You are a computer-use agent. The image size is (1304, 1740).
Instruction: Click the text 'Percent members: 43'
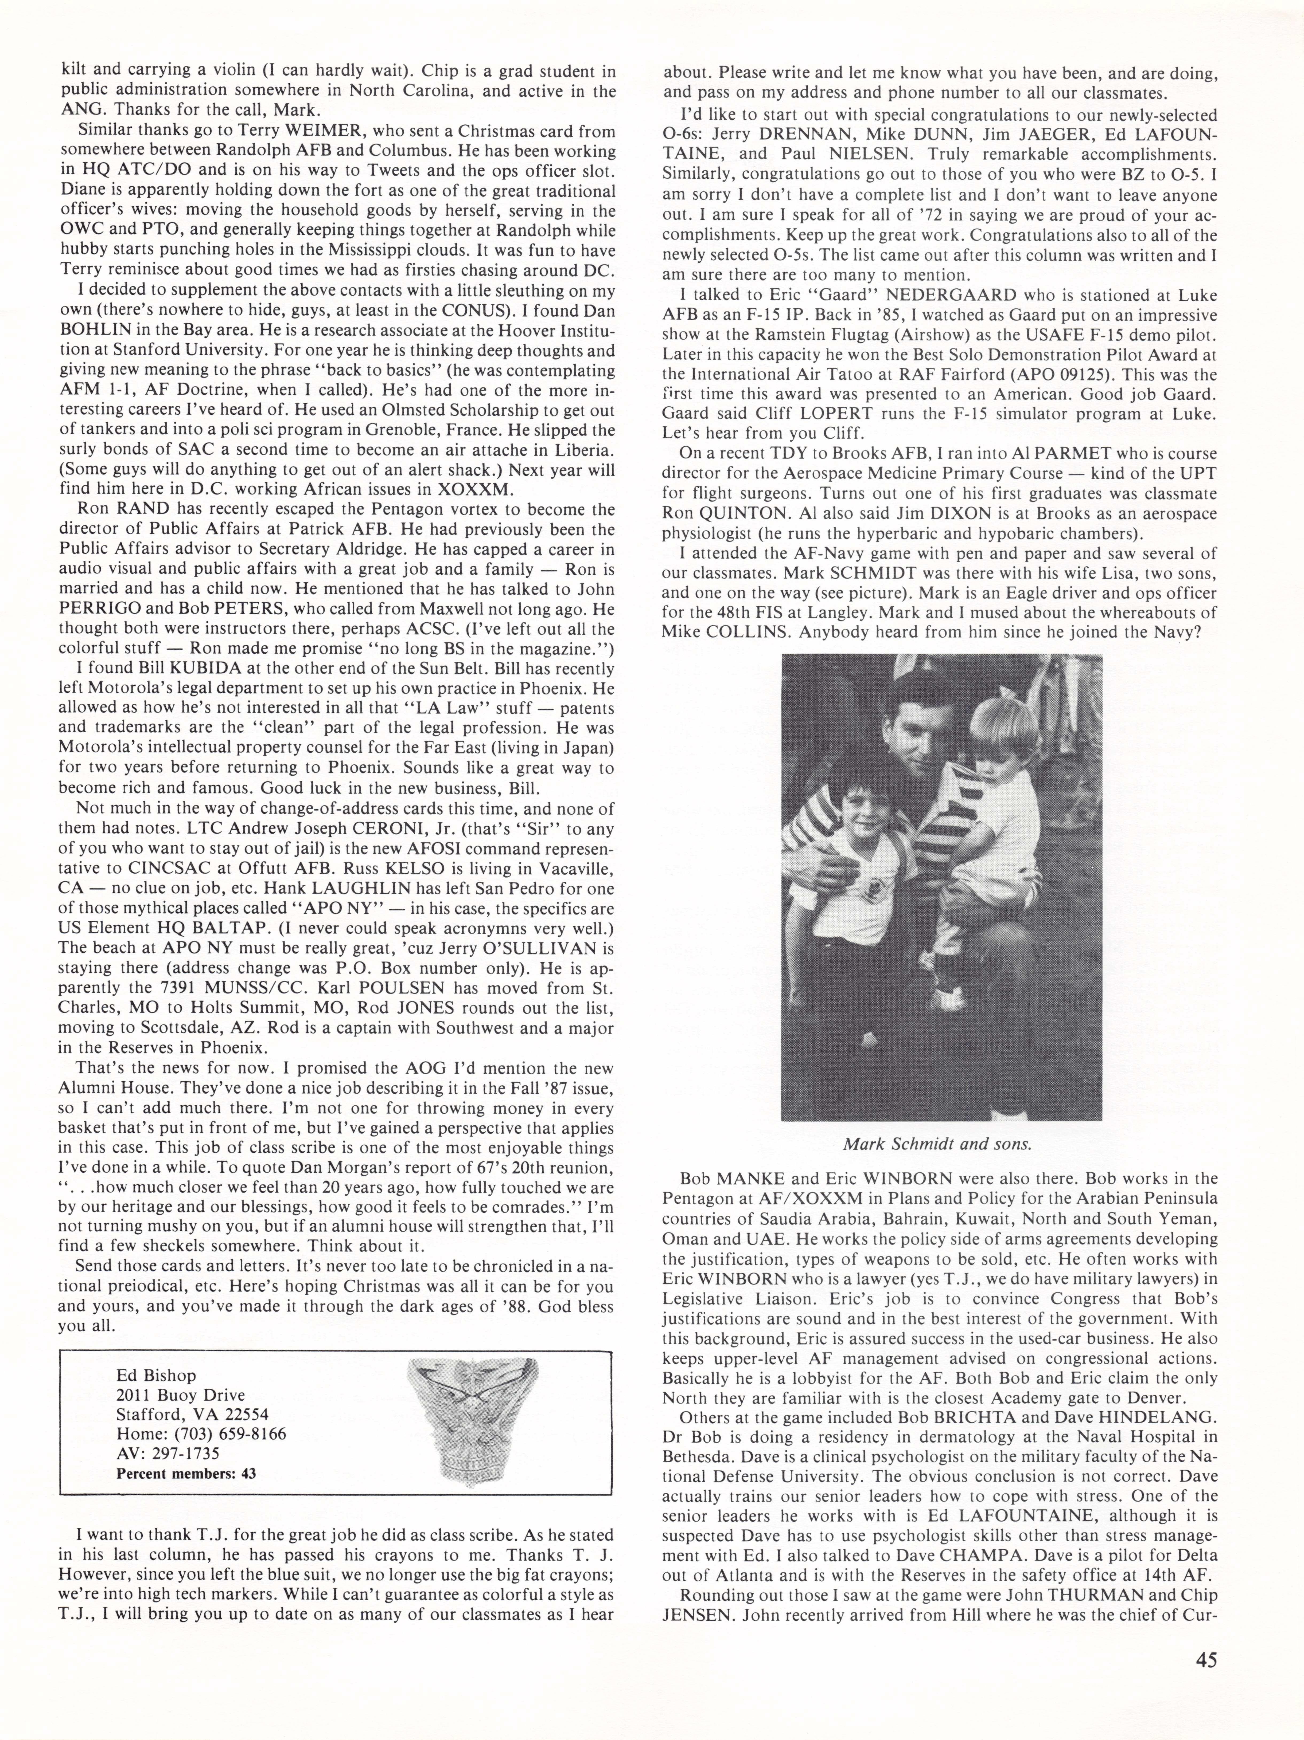coord(186,1473)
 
